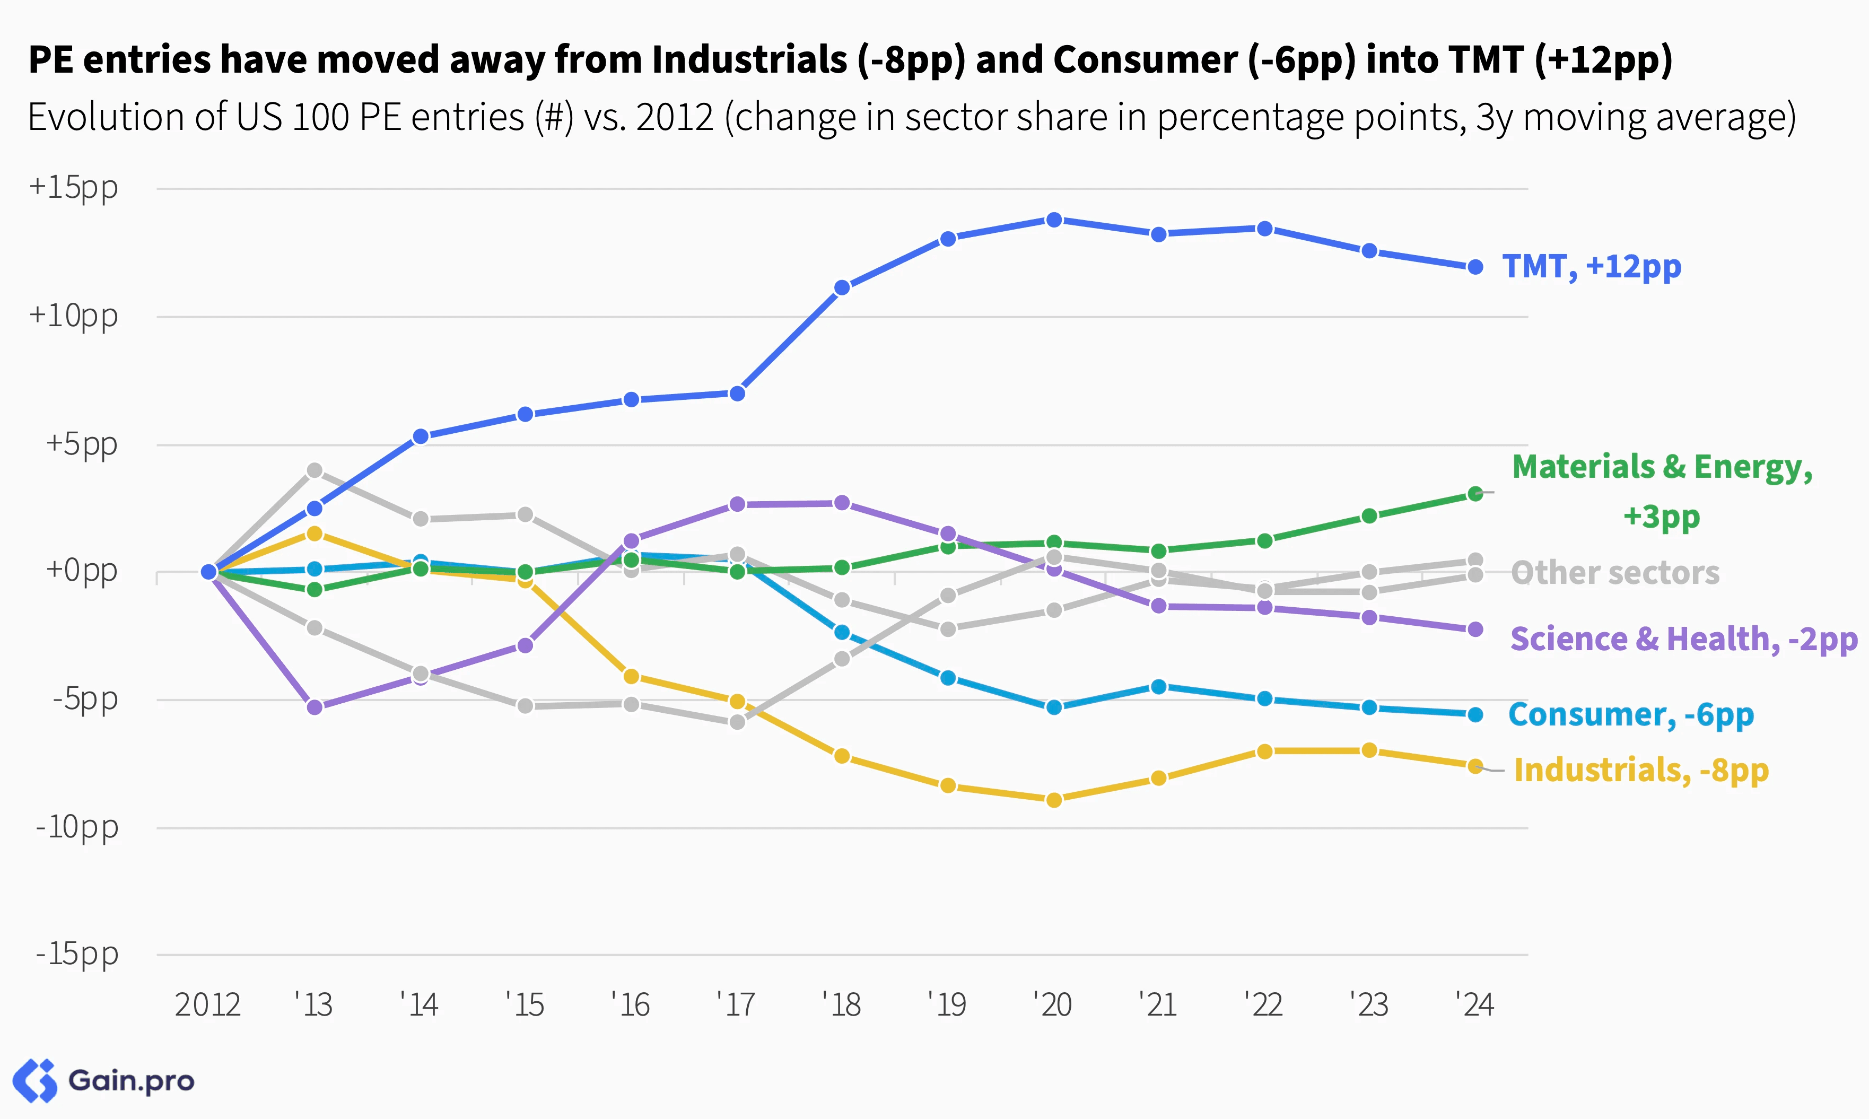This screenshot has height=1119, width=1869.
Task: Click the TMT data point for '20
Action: coord(1054,220)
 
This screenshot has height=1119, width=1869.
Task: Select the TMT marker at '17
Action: coord(737,394)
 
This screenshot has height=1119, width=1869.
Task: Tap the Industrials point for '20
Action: coord(1054,799)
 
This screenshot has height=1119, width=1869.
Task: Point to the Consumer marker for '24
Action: coord(1475,714)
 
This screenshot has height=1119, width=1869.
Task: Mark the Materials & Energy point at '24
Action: coord(1475,494)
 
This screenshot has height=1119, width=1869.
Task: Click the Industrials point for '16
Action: coord(632,676)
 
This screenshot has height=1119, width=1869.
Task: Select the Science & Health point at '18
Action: coord(842,503)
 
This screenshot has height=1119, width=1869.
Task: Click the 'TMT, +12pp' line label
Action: coord(1592,267)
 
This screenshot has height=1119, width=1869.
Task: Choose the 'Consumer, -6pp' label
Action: coord(1631,714)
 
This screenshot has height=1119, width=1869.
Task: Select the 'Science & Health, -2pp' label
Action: coord(1683,639)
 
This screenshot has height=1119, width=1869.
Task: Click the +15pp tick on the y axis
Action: coord(73,188)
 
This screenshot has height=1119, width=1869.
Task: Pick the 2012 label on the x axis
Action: coord(207,1004)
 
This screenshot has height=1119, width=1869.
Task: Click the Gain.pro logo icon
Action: coord(34,1080)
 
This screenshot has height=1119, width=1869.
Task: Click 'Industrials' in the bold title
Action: coord(749,59)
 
